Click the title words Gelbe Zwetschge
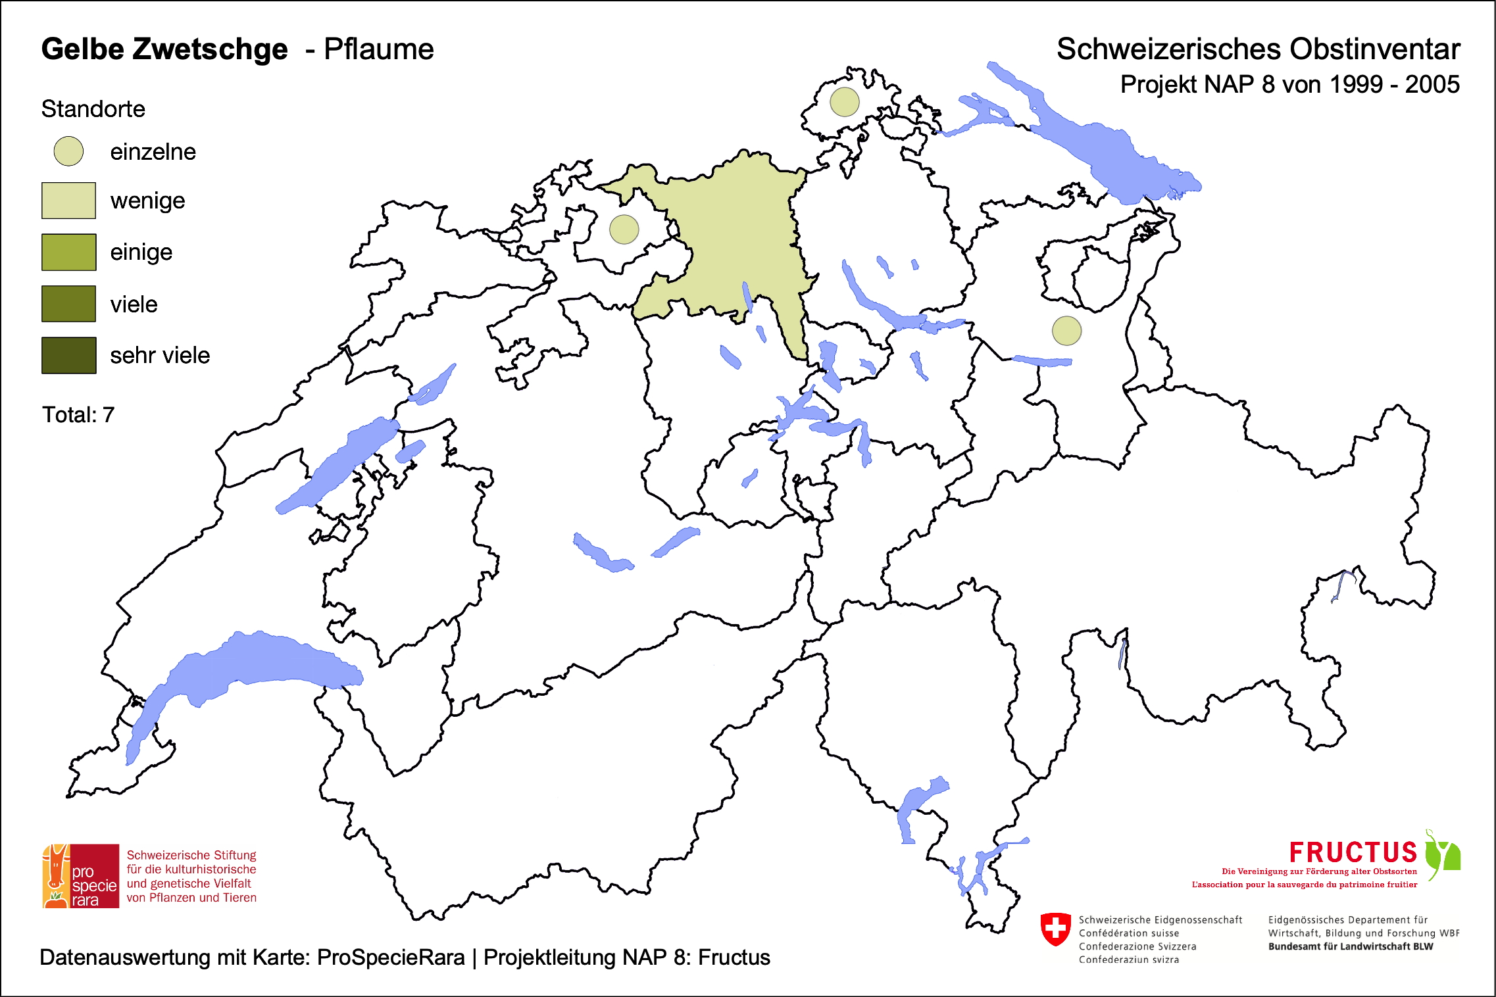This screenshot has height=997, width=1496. tap(164, 49)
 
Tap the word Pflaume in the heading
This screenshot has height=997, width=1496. tap(379, 49)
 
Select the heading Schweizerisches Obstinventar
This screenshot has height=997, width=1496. tap(1258, 49)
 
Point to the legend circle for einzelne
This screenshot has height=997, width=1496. tap(68, 151)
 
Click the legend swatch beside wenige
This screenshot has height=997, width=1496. tap(68, 201)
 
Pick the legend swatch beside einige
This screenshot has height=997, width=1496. tap(68, 252)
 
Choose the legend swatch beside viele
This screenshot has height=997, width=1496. tap(68, 304)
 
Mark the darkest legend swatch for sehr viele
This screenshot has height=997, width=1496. tap(68, 355)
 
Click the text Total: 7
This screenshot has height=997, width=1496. tap(78, 415)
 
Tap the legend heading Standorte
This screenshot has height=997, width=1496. tap(93, 109)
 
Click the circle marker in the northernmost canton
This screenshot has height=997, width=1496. tap(844, 102)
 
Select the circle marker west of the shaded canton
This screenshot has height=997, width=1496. tap(624, 230)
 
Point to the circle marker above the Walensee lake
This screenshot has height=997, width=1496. tap(1066, 330)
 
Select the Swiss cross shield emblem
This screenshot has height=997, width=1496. tap(1056, 929)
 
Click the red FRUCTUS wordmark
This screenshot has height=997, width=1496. tap(1353, 853)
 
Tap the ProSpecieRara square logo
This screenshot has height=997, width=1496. tap(81, 876)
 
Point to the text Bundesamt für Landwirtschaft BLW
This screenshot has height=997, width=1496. tap(1350, 946)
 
